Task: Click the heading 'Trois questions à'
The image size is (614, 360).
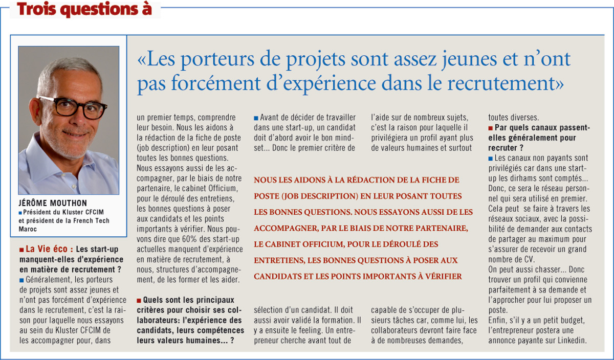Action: tap(84, 9)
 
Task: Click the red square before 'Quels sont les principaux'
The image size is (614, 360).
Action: tap(140, 300)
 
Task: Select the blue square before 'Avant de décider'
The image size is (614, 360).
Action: tap(256, 118)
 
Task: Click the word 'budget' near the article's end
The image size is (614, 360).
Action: tap(568, 320)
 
